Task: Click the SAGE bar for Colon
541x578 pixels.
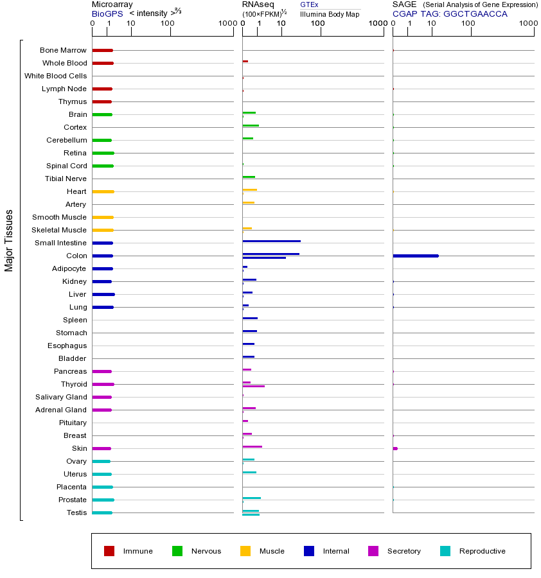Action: (x=416, y=256)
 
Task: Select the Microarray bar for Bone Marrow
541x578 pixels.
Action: (x=102, y=50)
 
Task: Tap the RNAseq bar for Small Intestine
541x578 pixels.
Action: (x=271, y=241)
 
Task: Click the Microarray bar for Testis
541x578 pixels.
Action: (x=102, y=512)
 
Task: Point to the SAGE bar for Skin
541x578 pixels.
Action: (x=395, y=448)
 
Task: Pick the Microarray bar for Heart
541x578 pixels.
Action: (x=103, y=191)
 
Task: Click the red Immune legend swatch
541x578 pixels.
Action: (x=109, y=551)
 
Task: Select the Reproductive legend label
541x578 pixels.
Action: (x=482, y=551)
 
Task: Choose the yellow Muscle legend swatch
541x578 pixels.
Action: (x=245, y=551)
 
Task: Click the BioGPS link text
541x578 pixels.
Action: (x=107, y=13)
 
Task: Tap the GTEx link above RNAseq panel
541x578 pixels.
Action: (x=309, y=4)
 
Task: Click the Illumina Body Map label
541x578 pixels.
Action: (x=330, y=13)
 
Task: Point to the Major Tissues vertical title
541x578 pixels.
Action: (x=9, y=240)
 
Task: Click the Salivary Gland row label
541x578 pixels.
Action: (x=60, y=397)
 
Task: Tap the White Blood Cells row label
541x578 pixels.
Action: (x=55, y=76)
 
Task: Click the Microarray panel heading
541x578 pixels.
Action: (x=112, y=4)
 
